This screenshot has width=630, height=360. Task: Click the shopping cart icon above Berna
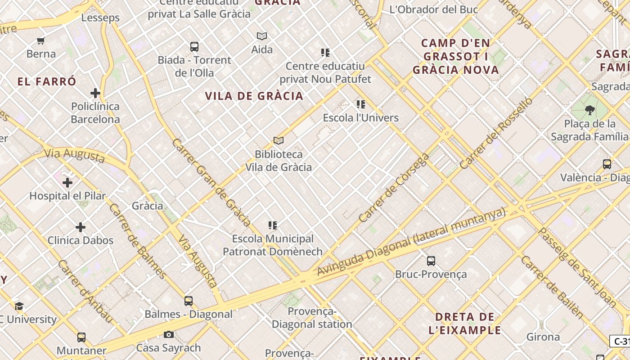click(41, 41)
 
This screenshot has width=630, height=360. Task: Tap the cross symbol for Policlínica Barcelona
click(95, 93)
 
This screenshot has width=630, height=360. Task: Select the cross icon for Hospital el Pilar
click(67, 183)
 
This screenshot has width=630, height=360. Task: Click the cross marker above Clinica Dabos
click(81, 227)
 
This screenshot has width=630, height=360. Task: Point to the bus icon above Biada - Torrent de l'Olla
click(194, 47)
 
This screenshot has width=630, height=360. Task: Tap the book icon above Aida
click(262, 36)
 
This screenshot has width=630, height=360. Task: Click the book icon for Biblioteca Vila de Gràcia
click(279, 141)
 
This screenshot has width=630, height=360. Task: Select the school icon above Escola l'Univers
click(361, 104)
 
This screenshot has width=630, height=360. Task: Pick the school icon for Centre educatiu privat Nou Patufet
click(325, 53)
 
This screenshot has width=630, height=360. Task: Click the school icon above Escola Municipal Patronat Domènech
click(273, 225)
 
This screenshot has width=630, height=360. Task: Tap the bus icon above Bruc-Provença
click(431, 261)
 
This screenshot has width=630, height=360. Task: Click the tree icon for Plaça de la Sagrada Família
click(589, 110)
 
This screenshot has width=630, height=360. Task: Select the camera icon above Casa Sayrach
click(169, 334)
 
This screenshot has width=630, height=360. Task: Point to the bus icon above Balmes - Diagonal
click(189, 301)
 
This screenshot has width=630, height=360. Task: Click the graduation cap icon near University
click(19, 306)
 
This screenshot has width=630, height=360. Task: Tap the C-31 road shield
click(621, 341)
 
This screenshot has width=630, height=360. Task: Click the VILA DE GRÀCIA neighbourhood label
click(254, 96)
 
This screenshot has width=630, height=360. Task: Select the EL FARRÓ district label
click(47, 82)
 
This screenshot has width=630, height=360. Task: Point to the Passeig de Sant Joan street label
click(577, 268)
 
